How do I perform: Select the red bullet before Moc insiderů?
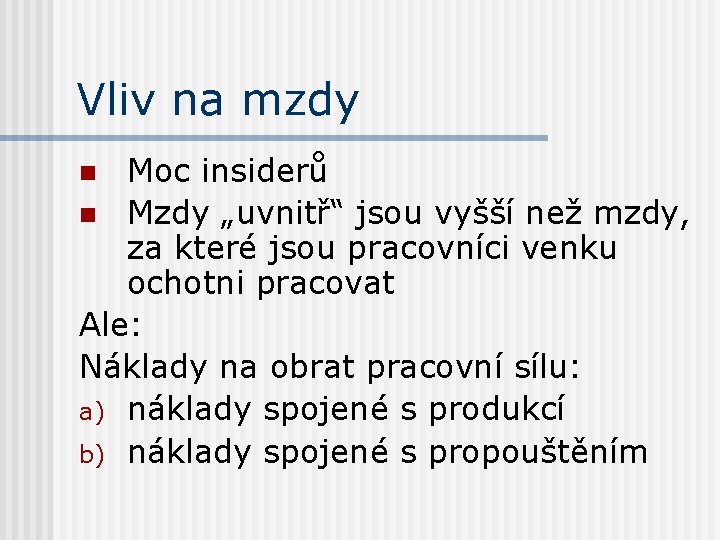click(x=88, y=173)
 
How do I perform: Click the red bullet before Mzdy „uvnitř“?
click(x=88, y=213)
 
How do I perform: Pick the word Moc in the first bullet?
click(x=157, y=172)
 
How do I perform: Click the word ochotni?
click(x=187, y=284)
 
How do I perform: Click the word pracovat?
click(x=325, y=284)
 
